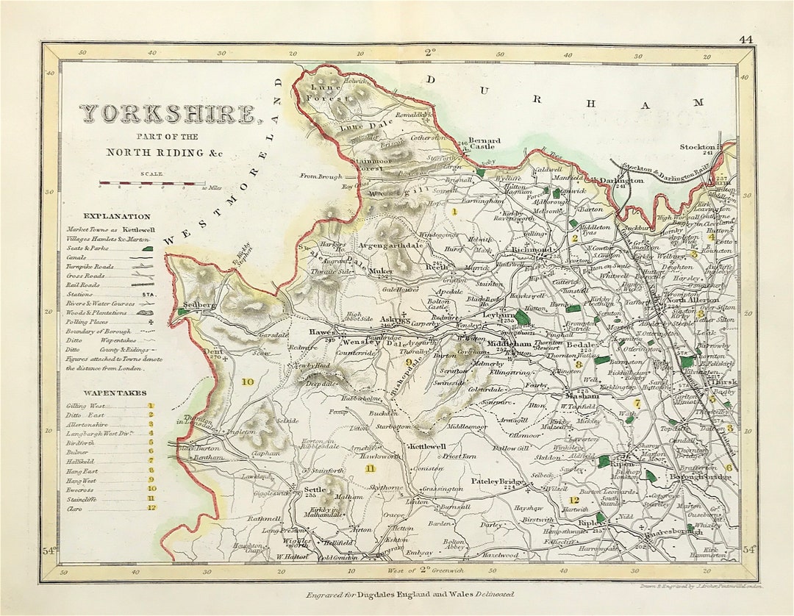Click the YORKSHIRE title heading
[168, 114]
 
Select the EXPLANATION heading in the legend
[117, 216]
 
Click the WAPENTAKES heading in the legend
[114, 393]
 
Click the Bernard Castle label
[484, 143]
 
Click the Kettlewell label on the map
[428, 446]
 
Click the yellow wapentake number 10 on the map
[248, 382]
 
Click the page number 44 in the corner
[745, 39]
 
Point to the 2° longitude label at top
[429, 53]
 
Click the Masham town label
[582, 395]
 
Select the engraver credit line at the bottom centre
[409, 594]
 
